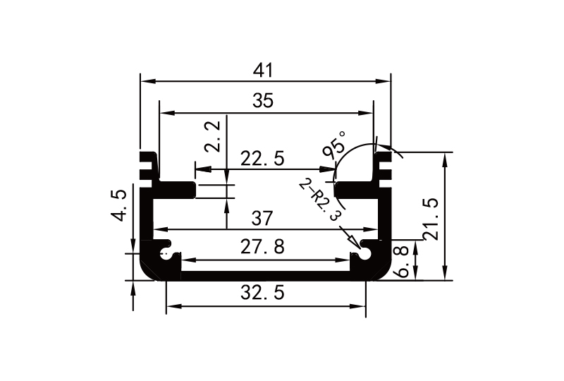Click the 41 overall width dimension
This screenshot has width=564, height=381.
[263, 71]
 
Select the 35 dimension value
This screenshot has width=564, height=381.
[263, 100]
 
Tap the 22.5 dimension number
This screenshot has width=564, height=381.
[262, 159]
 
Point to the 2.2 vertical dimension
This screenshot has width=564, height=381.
[212, 136]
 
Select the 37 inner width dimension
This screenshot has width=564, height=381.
[262, 218]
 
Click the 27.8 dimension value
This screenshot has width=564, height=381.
[262, 247]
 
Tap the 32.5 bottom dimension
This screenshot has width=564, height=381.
[262, 292]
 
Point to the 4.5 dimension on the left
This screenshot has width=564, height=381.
[118, 205]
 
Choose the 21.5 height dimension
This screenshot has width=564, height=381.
[431, 219]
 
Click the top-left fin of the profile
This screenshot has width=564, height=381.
[148, 157]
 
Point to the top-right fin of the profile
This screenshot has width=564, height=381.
[383, 157]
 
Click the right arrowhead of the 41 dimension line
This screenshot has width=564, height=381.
[383, 81]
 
